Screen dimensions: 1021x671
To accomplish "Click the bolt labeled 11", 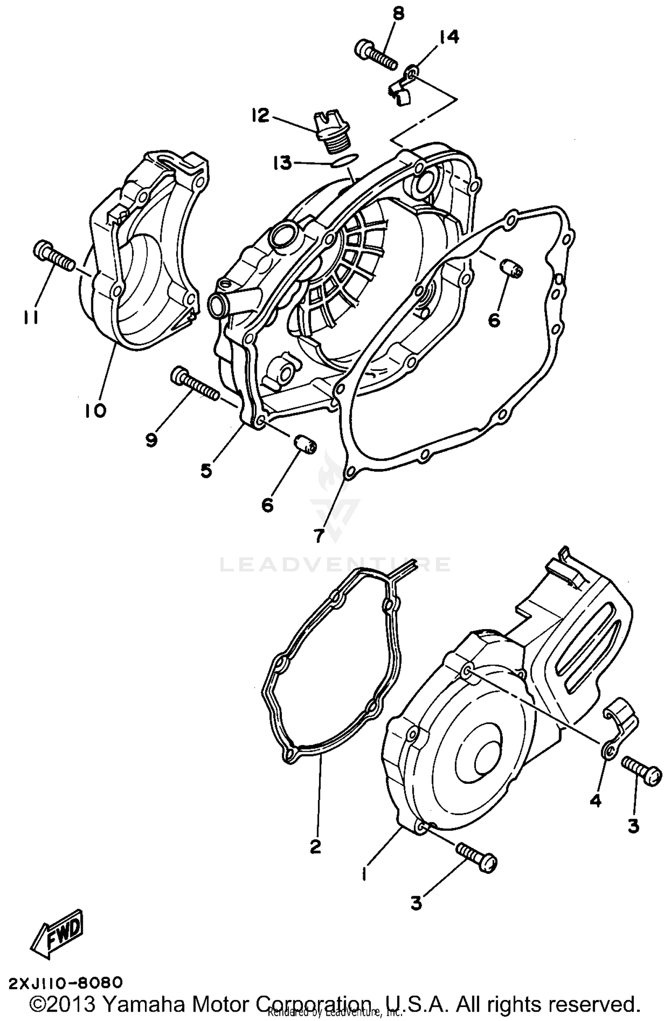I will point(54,255).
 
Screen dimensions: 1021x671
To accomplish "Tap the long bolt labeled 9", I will point(195,383).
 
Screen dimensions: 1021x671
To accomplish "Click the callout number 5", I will point(206,470).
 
